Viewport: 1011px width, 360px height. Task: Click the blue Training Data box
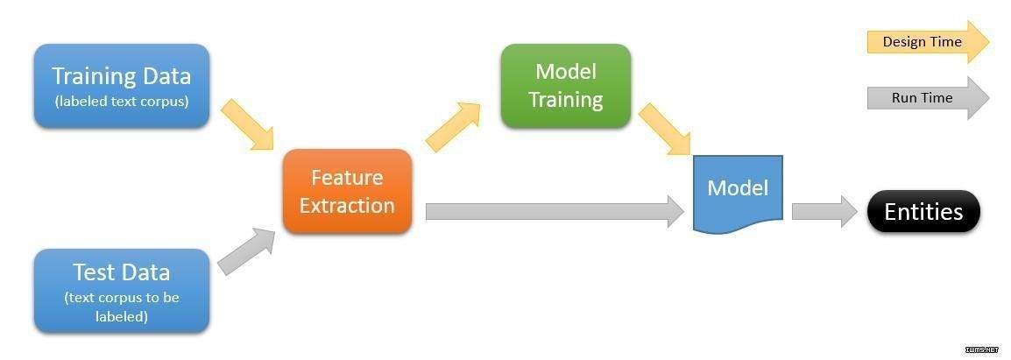[x=122, y=86]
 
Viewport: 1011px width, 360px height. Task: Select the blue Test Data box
[x=122, y=290]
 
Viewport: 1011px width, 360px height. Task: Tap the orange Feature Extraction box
[x=347, y=191]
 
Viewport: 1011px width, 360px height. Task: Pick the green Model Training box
[x=565, y=86]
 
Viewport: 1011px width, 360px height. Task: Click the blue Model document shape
[x=738, y=193]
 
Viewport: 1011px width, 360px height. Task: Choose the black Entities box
[x=923, y=212]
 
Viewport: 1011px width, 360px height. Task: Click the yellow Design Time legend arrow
[x=928, y=42]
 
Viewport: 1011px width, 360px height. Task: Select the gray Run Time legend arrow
[x=928, y=98]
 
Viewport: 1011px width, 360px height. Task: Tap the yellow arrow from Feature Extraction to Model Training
[x=453, y=127]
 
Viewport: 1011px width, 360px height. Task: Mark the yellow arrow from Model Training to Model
[x=665, y=129]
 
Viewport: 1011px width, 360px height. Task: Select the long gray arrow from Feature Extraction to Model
[x=555, y=212]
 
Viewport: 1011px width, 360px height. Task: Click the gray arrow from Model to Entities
[x=824, y=212]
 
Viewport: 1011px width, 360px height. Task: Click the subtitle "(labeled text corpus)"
[x=122, y=102]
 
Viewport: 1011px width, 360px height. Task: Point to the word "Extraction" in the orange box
[x=347, y=206]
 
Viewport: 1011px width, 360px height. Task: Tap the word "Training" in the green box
[x=565, y=100]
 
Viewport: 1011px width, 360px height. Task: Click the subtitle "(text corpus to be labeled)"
[x=122, y=307]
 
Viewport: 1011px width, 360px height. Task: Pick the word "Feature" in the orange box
[x=347, y=178]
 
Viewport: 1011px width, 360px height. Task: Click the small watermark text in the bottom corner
[x=986, y=349]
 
